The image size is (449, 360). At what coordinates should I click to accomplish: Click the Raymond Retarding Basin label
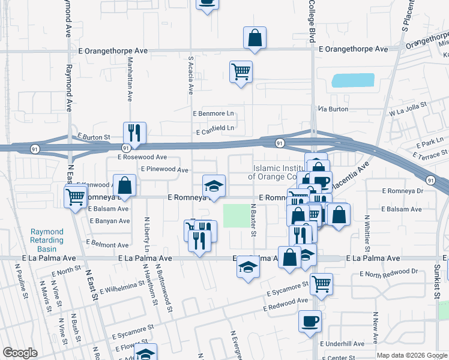click(x=47, y=240)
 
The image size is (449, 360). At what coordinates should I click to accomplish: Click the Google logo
click(x=20, y=353)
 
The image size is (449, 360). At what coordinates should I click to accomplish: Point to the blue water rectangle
click(x=353, y=81)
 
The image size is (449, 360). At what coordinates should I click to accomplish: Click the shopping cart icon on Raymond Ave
click(x=76, y=195)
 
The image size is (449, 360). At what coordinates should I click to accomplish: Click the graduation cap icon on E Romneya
click(x=213, y=186)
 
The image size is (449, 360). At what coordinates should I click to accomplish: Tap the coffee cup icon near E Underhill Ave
click(x=310, y=320)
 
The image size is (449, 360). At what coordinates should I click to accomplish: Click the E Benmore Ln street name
click(x=213, y=113)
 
